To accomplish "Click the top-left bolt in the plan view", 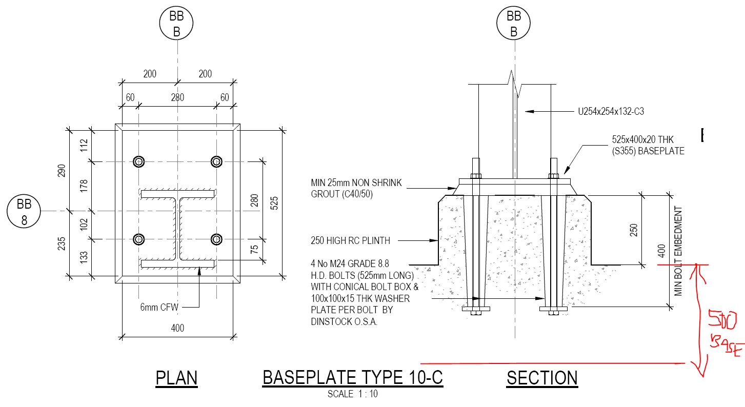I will click(x=139, y=161).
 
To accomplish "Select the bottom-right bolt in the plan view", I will click(x=216, y=239).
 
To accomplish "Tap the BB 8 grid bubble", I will click(x=24, y=211).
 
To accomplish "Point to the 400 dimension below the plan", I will click(x=177, y=328).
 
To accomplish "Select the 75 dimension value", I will click(x=254, y=250).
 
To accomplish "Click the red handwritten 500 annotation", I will click(x=722, y=321).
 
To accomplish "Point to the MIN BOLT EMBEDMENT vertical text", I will click(x=679, y=251).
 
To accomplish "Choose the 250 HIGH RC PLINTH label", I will click(x=350, y=240).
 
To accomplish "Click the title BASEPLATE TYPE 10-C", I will click(x=352, y=378).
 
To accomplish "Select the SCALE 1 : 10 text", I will click(x=353, y=394).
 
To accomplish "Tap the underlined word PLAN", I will click(x=176, y=378).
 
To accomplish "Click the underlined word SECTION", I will click(x=542, y=378).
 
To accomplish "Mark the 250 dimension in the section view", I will click(x=634, y=231).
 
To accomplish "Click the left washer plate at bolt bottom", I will click(x=476, y=309).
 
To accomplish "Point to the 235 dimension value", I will click(x=62, y=242).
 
